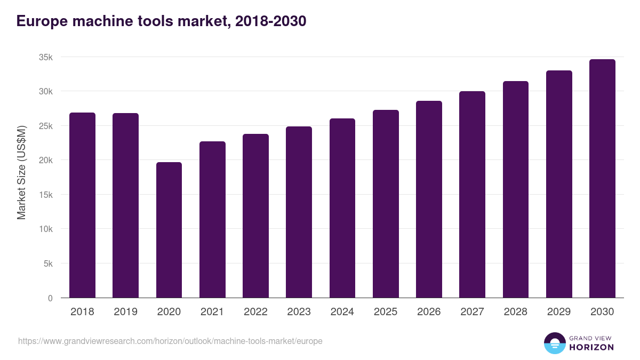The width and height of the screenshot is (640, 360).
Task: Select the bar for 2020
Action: (x=169, y=230)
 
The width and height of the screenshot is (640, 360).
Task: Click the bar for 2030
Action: (x=602, y=179)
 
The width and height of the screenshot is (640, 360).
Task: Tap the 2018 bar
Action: (x=82, y=205)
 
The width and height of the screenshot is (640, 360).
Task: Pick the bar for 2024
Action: (x=342, y=208)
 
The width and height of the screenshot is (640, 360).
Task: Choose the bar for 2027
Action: (x=472, y=195)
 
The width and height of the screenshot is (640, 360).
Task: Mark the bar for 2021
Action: (x=212, y=220)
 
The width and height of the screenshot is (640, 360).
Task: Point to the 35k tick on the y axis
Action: (x=46, y=57)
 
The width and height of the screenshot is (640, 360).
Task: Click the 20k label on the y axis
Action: (x=46, y=160)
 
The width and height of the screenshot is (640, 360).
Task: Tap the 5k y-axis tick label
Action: (x=48, y=263)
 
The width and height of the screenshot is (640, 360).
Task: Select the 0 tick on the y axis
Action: (x=50, y=298)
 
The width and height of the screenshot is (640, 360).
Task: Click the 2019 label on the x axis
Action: (x=125, y=312)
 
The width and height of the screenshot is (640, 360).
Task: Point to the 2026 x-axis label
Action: (x=429, y=312)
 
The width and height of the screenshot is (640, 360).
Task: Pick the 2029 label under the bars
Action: (x=559, y=312)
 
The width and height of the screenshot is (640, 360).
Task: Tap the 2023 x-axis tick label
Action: (x=299, y=312)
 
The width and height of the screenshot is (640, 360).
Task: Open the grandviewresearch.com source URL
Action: (x=170, y=341)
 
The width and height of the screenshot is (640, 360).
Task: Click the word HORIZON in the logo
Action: (x=591, y=347)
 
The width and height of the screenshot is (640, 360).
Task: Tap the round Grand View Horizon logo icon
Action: (x=555, y=343)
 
